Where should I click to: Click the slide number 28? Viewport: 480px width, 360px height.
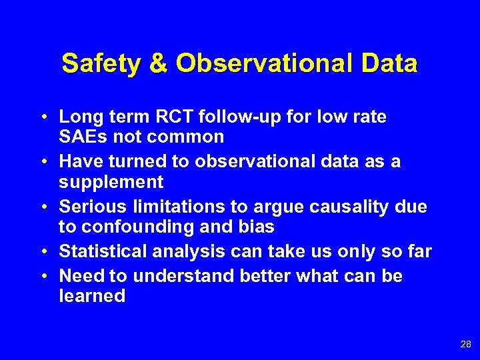(x=465, y=345)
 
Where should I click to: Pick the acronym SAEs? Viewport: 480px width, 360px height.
(x=83, y=137)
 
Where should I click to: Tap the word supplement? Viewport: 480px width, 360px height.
(x=111, y=182)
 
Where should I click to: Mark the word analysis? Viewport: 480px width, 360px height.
(x=185, y=251)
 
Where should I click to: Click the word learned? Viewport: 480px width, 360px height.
(x=92, y=296)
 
